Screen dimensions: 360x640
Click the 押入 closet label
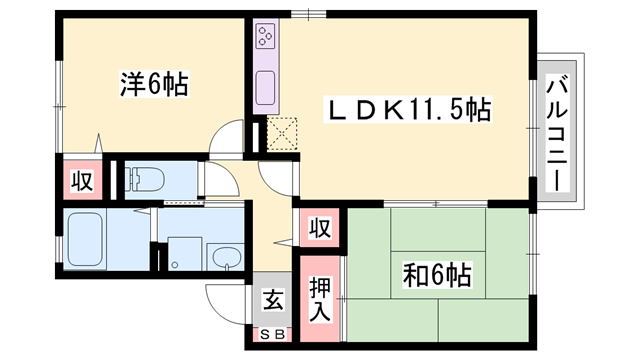(319, 298)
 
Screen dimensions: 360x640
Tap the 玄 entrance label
(272, 299)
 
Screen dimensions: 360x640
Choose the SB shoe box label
(272, 334)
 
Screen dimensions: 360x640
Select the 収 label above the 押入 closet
(319, 227)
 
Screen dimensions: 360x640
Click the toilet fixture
(146, 179)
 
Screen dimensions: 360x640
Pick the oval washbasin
(226, 256)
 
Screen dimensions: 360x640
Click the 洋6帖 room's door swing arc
(228, 137)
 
